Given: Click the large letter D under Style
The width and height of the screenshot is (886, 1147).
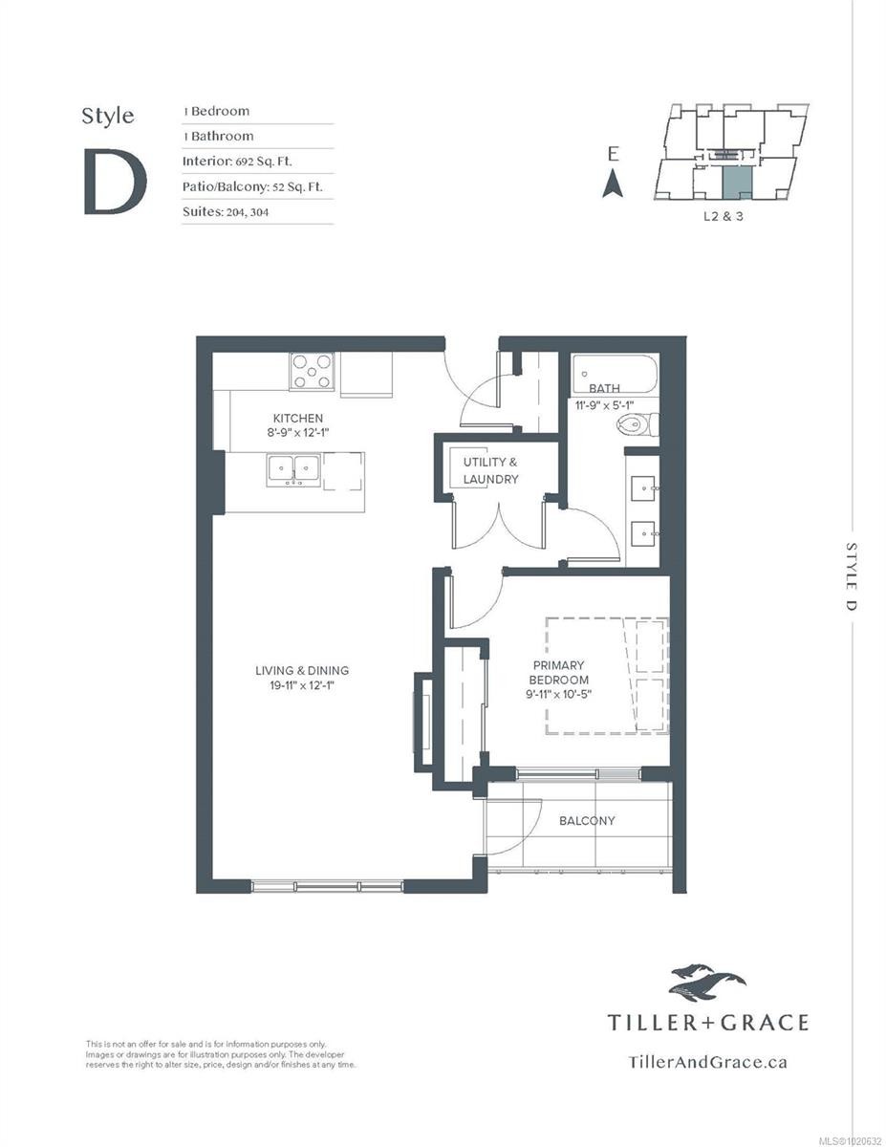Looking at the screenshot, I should click(115, 182).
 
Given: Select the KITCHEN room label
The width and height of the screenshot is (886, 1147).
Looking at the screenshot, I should click(298, 419).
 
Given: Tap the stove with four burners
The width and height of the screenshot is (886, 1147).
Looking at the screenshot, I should click(313, 371).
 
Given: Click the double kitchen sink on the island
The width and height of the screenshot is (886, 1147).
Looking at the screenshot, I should click(293, 468).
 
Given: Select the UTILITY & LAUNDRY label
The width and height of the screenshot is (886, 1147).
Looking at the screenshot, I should click(490, 470).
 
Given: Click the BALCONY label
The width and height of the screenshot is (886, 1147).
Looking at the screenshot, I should click(587, 820).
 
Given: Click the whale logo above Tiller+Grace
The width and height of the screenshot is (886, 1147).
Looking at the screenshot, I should click(707, 982).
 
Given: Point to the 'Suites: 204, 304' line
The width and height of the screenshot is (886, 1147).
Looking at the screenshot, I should click(226, 211).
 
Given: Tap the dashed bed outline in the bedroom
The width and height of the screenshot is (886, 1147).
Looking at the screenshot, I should click(606, 676).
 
